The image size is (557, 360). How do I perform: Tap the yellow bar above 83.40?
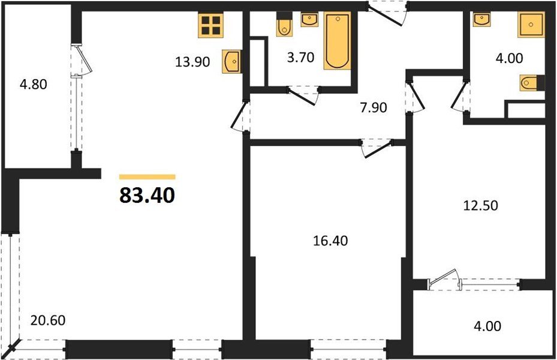[x=147, y=177]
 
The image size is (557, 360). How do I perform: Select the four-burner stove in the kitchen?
[x=211, y=26]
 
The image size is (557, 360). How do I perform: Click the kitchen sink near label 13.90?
[x=231, y=61]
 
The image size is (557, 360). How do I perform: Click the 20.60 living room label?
[x=49, y=320]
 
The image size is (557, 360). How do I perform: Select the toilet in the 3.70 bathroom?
[x=284, y=26]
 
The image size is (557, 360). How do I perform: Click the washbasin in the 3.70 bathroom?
[x=309, y=20]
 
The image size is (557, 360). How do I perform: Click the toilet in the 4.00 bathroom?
[x=531, y=82]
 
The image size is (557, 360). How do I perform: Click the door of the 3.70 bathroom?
[x=303, y=95]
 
